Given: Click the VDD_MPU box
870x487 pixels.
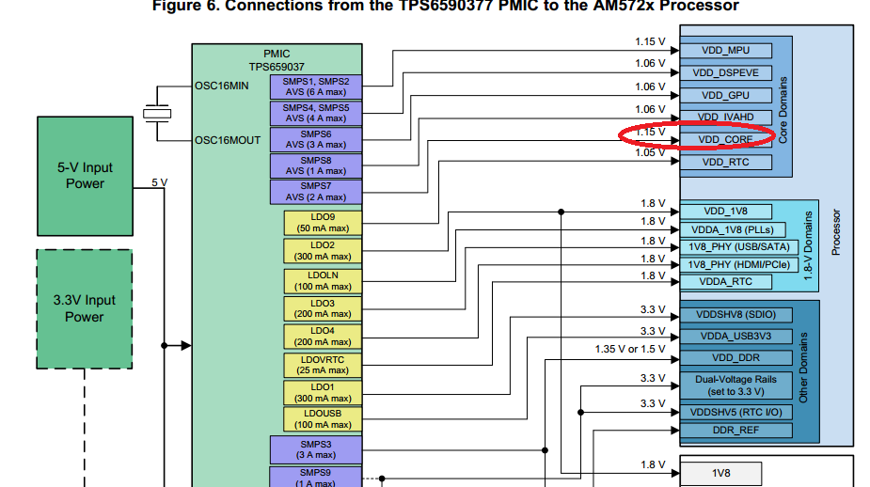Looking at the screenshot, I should point(724,51).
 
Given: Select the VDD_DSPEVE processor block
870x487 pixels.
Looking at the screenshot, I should point(724,72).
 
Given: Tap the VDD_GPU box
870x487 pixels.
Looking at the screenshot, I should point(724,95).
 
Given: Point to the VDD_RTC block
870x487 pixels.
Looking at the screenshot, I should point(724,162).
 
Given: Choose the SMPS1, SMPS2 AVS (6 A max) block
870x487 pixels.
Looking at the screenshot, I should point(315,86).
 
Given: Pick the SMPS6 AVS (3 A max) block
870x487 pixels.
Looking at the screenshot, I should point(315,139).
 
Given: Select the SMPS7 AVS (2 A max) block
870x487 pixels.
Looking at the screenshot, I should point(315,192).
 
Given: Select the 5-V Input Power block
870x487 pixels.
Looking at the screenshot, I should point(85,176).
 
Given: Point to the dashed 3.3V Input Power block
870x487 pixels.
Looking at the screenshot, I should point(85,308).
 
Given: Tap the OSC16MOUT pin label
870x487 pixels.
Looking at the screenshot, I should point(228,140).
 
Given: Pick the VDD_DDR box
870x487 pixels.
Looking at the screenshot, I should point(736,357).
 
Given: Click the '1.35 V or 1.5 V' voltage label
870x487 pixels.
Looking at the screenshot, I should point(629,349).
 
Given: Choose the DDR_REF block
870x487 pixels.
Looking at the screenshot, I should point(736,431).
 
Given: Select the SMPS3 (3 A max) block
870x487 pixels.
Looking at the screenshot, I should point(315,448).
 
